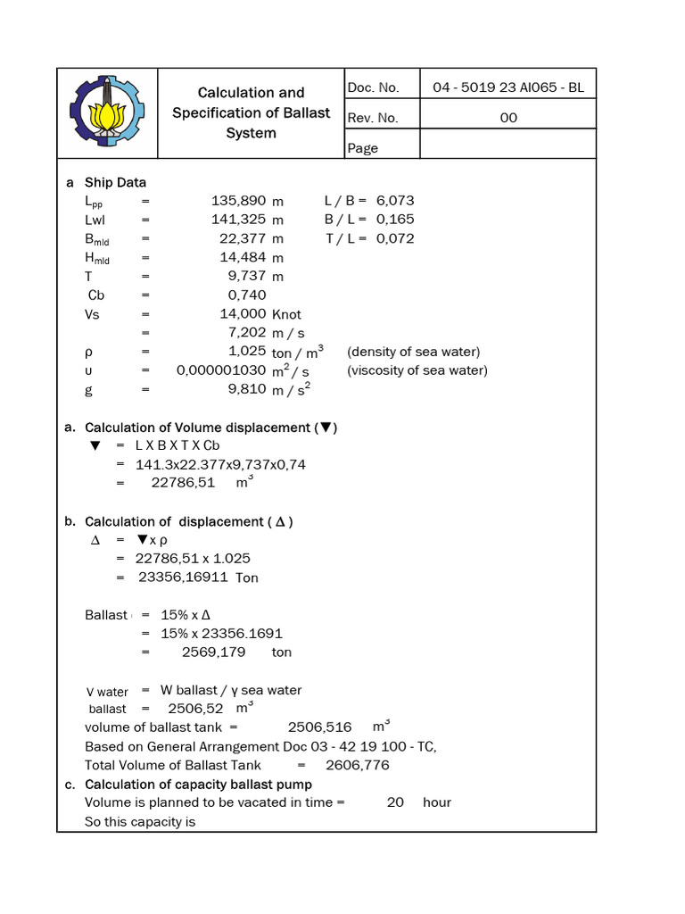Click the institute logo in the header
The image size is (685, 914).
106,112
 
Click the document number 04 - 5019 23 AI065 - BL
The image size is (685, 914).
508,87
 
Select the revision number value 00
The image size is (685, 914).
508,118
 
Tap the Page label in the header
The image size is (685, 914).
363,148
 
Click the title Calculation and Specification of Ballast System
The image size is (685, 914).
251,112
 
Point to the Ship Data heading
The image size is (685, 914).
115,182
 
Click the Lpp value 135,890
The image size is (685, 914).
238,201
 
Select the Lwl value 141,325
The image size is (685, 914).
238,220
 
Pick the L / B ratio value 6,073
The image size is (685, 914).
395,201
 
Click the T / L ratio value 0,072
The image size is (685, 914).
395,238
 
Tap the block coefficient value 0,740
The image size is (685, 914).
247,295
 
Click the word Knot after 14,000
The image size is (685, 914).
286,314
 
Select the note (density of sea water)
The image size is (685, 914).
414,352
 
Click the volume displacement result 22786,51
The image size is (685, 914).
185,483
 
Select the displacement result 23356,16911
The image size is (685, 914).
185,577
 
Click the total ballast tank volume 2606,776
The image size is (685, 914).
358,765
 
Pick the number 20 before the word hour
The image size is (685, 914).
395,802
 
